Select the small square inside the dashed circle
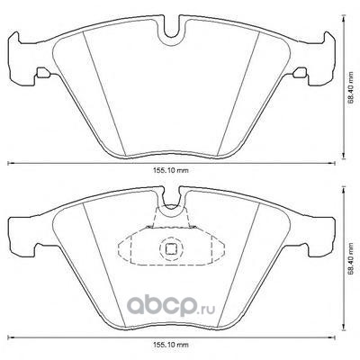(x=171, y=248)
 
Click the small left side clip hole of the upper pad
(x=43, y=73)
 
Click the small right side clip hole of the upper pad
(x=300, y=73)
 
